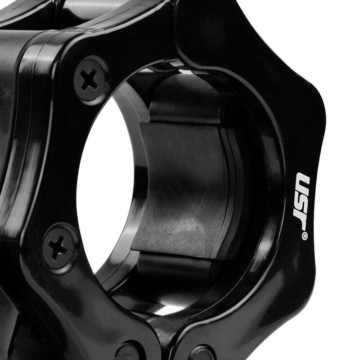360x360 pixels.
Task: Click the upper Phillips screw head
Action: (91, 81)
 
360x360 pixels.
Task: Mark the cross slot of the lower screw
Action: (58, 247)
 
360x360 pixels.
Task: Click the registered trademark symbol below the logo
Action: (304, 236)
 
